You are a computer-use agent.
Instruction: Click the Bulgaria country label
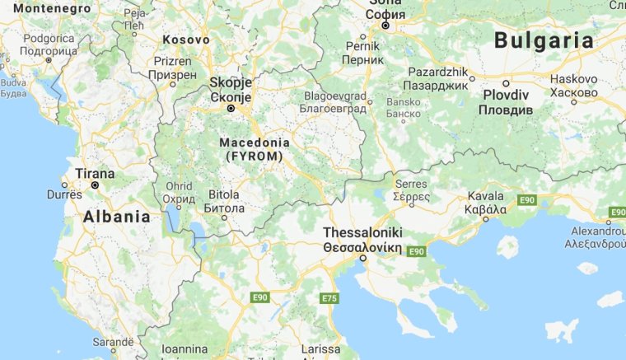click(x=544, y=40)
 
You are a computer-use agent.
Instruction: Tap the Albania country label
click(x=117, y=217)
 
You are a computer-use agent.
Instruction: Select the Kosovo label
click(x=186, y=39)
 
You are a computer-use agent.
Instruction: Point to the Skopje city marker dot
click(x=231, y=108)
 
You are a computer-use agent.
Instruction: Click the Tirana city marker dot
click(x=96, y=185)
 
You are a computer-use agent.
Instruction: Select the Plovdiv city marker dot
click(x=506, y=83)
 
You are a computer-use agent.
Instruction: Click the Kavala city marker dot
click(x=485, y=218)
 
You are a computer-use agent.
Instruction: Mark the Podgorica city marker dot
click(x=49, y=60)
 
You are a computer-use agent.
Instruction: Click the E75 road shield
click(x=329, y=297)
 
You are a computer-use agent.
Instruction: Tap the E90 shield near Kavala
click(x=527, y=200)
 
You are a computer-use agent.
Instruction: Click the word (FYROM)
click(x=252, y=156)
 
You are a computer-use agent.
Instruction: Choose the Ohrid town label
click(x=179, y=187)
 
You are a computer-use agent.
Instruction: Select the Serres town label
click(x=411, y=184)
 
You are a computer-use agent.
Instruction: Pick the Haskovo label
click(x=574, y=79)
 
